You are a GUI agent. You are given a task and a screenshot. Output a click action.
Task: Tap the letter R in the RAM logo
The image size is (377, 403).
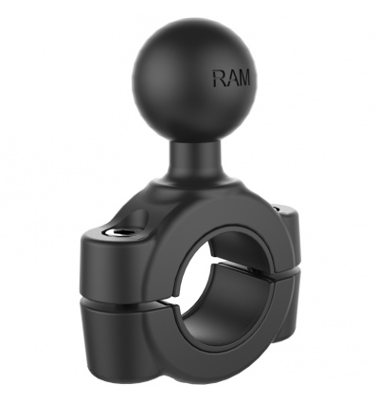[219, 79]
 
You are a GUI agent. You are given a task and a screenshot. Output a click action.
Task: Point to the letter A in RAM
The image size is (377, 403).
[230, 78]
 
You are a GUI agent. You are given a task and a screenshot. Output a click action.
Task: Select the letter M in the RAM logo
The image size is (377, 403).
[243, 78]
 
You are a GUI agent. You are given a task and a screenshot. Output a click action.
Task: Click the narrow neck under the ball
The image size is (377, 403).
[194, 158]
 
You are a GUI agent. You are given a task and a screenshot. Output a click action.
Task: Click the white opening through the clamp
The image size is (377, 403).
[192, 272]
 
